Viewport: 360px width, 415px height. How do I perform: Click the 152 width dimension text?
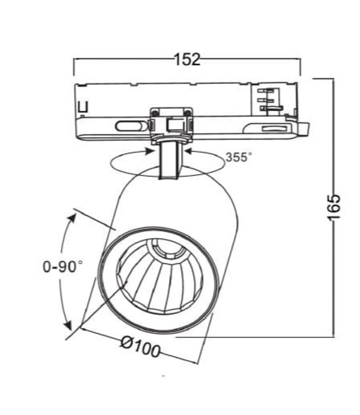tap(187, 59)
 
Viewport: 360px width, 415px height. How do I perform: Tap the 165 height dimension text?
tap(333, 207)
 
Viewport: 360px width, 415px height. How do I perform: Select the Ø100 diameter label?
tap(140, 349)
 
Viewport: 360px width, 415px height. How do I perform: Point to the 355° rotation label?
tap(238, 157)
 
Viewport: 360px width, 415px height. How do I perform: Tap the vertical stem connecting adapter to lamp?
tap(168, 160)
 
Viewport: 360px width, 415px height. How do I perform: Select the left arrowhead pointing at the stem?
tap(151, 148)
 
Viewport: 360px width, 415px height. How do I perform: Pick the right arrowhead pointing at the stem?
tap(188, 149)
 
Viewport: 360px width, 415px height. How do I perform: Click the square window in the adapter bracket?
tap(175, 124)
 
